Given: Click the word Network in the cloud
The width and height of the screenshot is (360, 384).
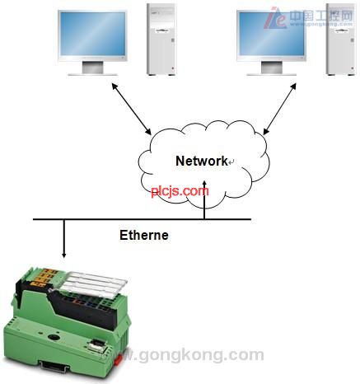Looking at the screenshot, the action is point(202,161).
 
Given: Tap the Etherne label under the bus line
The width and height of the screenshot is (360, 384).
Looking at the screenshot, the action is point(144,235).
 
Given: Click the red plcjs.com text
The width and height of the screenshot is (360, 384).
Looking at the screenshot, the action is point(180,191).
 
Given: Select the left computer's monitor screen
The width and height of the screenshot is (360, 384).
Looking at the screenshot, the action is point(92,34).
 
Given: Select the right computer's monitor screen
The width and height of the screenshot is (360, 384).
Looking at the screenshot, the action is point(272,34).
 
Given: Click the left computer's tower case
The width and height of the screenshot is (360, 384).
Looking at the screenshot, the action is point(161,40).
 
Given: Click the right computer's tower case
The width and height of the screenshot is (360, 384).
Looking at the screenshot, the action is point(340,40).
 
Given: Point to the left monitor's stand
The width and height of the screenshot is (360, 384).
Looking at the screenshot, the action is point(93,68).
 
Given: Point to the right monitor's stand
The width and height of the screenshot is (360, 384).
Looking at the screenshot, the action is point(272,68).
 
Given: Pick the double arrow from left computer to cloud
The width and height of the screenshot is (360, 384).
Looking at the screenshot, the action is point(131,109).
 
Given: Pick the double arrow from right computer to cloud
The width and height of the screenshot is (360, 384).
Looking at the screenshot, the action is point(280,109).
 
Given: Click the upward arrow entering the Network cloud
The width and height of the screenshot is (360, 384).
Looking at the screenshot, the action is point(204,199).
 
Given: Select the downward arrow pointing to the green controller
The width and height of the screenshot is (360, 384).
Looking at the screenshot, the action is point(64,239).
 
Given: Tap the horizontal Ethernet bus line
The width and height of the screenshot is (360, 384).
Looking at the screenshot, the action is point(142,219).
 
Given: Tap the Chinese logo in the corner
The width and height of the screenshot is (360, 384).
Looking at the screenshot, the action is point(308,17).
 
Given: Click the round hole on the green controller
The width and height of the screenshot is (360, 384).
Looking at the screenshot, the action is point(52,337).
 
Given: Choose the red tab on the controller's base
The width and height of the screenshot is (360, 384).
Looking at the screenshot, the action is point(118,359).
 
